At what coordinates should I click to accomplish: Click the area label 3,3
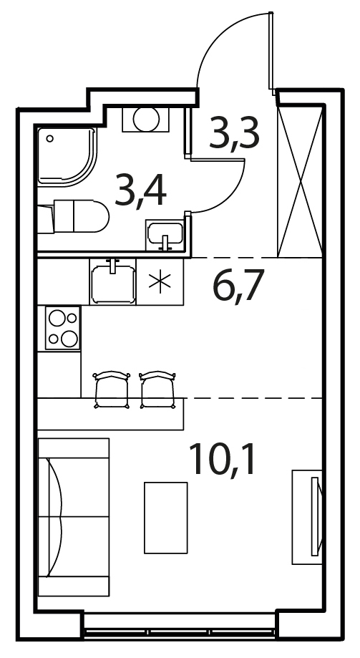coord(234,134)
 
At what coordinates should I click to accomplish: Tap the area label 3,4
coord(140,191)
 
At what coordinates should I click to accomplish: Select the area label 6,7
coord(238,286)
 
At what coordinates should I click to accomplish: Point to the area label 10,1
coord(222,459)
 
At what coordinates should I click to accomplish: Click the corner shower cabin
coord(67,156)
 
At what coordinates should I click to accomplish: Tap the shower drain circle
coord(50,138)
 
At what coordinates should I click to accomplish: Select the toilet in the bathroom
coord(74,216)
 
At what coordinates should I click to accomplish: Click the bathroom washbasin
coord(165,236)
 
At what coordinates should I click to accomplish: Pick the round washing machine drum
coord(146,119)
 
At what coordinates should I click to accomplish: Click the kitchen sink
coord(112,281)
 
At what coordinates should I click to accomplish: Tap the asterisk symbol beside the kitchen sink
coord(160,281)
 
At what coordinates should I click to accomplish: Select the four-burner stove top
coord(63,328)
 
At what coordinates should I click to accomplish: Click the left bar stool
coord(112,390)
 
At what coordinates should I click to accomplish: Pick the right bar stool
coord(157,390)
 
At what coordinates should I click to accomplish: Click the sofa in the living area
coord(74,517)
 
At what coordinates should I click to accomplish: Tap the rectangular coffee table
coord(166,518)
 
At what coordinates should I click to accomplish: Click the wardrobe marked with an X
coord(300,181)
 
